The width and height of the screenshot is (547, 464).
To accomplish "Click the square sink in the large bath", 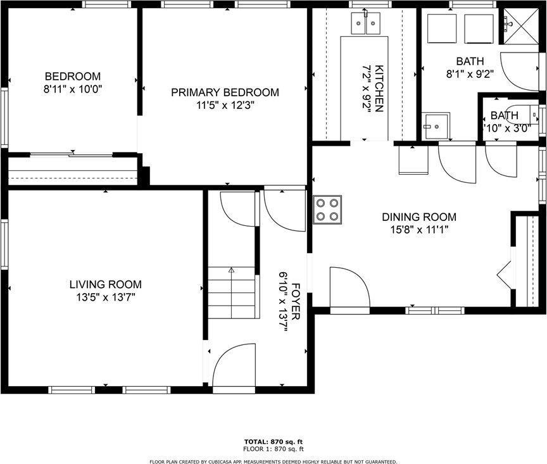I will (x=436, y=126).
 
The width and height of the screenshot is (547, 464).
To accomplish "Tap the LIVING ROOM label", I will (x=106, y=285).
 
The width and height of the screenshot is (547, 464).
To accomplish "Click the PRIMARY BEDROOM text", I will (x=225, y=92).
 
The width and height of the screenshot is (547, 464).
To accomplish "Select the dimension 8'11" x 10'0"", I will (x=72, y=89).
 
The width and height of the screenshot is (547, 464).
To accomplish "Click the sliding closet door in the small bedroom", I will (x=73, y=154).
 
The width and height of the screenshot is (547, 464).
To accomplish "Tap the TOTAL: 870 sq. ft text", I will (x=273, y=441).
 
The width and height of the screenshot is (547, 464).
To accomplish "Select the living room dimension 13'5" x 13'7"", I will (x=106, y=296).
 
